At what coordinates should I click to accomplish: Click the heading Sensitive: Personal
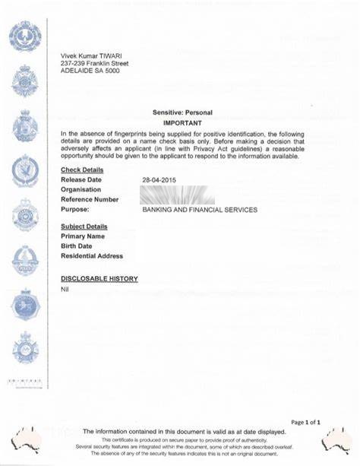coord(182,113)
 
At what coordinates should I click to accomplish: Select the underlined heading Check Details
coord(82,170)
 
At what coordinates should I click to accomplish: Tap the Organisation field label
coord(84,189)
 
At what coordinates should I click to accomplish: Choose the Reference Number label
coord(90,199)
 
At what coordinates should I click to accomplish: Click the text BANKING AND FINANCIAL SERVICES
coord(200,209)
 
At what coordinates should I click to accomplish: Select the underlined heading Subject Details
coord(84,227)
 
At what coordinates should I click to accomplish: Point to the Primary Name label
coord(84,236)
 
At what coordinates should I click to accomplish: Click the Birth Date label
coord(77,246)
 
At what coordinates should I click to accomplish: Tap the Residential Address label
coord(92,256)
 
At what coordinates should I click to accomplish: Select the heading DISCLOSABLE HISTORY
coord(99,279)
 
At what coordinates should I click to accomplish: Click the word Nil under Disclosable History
coord(65,290)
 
